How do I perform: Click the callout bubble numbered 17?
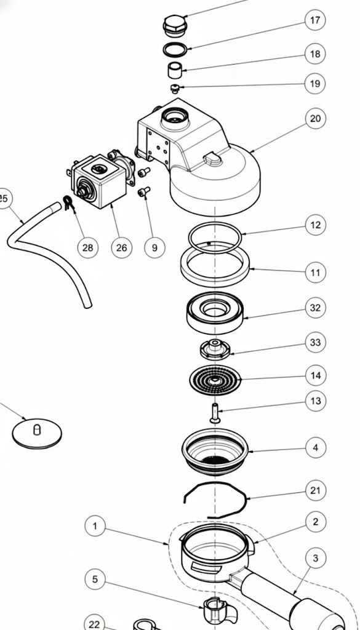coord(315,21)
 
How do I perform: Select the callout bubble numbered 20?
coord(315,118)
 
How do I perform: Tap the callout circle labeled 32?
coord(315,308)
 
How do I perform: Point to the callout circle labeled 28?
coord(88,247)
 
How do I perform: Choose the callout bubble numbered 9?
coord(154,247)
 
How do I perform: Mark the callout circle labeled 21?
coord(315,490)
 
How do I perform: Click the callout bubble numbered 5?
coord(95,579)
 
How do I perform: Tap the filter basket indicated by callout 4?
coord(215,453)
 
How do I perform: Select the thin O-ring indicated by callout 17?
coord(177,49)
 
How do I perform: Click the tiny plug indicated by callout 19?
coord(175,89)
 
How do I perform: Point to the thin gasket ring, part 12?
coord(214,234)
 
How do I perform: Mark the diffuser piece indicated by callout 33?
coord(214,348)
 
